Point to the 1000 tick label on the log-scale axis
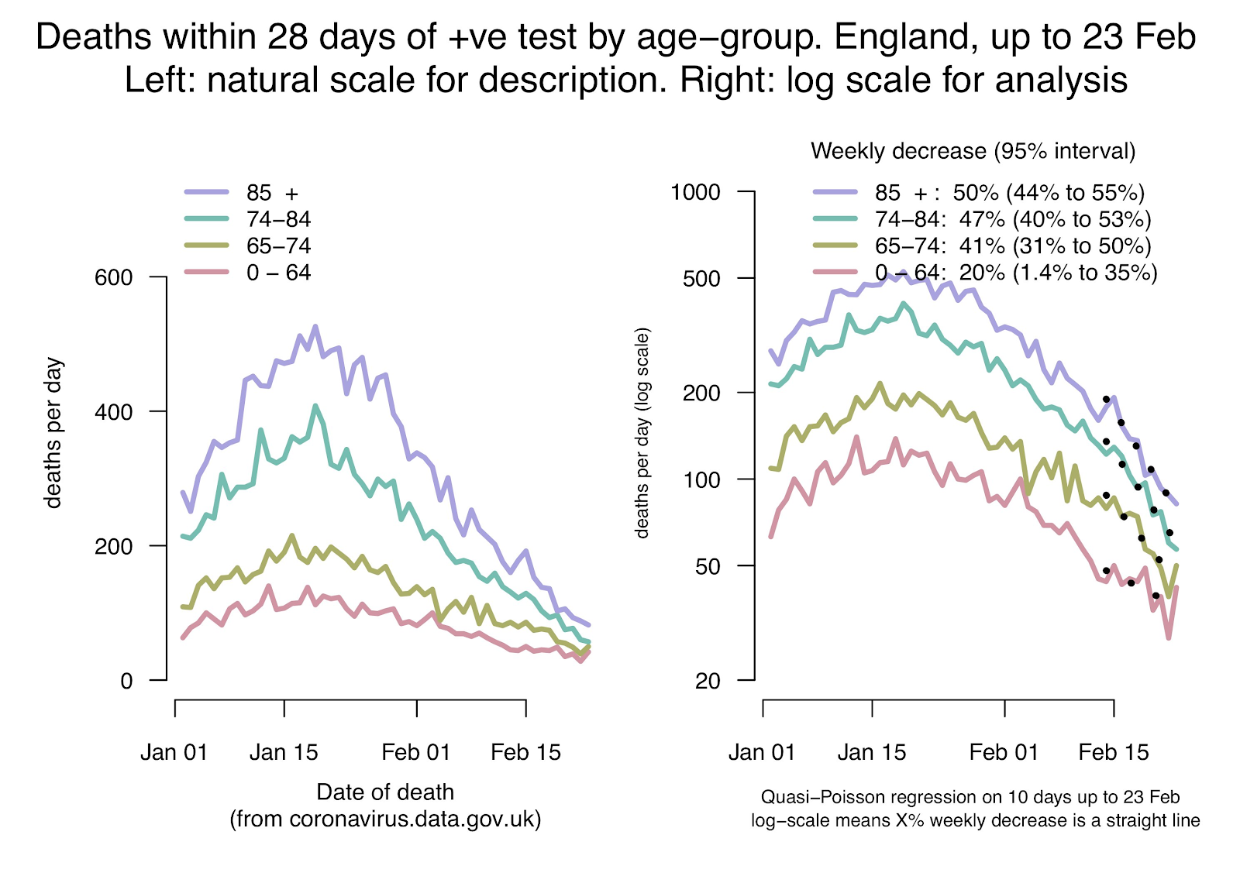pos(695,192)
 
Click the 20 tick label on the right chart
pos(708,681)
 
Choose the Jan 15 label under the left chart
pos(284,752)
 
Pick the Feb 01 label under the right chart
pos(1004,752)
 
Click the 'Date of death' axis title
pos(385,792)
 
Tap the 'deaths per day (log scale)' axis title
pos(642,433)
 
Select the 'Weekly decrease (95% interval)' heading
pos(973,151)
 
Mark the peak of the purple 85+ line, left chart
pos(315,327)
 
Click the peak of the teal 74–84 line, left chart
pos(315,405)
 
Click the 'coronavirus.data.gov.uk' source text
pos(414,819)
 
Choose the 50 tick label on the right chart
pos(708,566)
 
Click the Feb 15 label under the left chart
pos(525,752)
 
